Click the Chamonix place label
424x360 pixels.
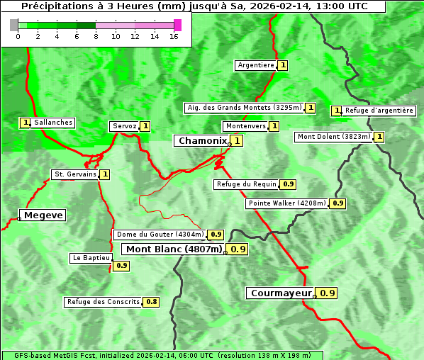[202, 141]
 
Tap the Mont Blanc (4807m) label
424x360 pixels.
[174, 249]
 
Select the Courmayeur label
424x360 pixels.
[281, 293]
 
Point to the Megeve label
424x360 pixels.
[43, 215]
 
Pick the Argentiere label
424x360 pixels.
[256, 65]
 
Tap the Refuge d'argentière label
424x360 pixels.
[379, 111]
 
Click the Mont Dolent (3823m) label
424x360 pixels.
[334, 137]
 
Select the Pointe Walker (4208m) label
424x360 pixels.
[287, 203]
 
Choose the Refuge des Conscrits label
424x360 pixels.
[104, 302]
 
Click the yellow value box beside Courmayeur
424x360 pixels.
[327, 293]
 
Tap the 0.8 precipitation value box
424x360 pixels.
[151, 302]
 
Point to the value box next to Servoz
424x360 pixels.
[145, 126]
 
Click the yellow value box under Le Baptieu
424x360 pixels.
[121, 266]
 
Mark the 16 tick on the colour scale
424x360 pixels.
[174, 36]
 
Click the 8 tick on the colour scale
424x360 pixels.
[96, 36]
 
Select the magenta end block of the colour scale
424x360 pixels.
[177, 26]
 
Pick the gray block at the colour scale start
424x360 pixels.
[14, 26]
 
